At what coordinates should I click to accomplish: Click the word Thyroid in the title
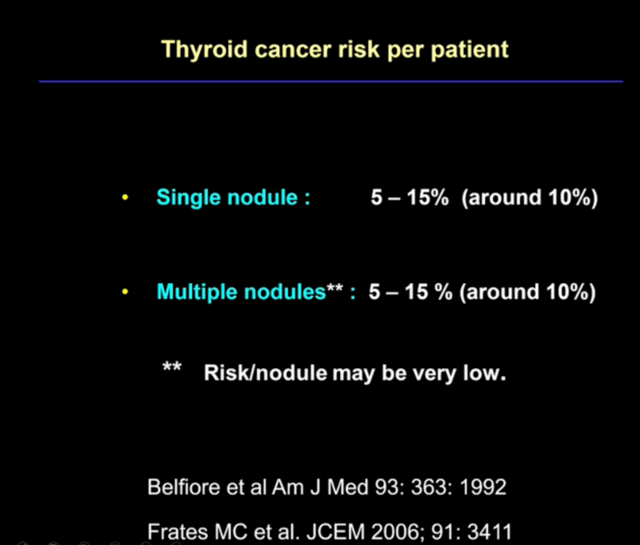click(204, 50)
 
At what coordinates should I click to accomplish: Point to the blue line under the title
click(331, 82)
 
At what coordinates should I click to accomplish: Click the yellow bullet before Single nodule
click(125, 198)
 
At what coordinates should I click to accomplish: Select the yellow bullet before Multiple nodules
click(125, 292)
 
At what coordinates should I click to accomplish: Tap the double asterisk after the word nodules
click(335, 287)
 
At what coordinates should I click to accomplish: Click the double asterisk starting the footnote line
click(172, 366)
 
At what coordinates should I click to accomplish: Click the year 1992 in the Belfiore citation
click(483, 487)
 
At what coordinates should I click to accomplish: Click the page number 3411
click(489, 531)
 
